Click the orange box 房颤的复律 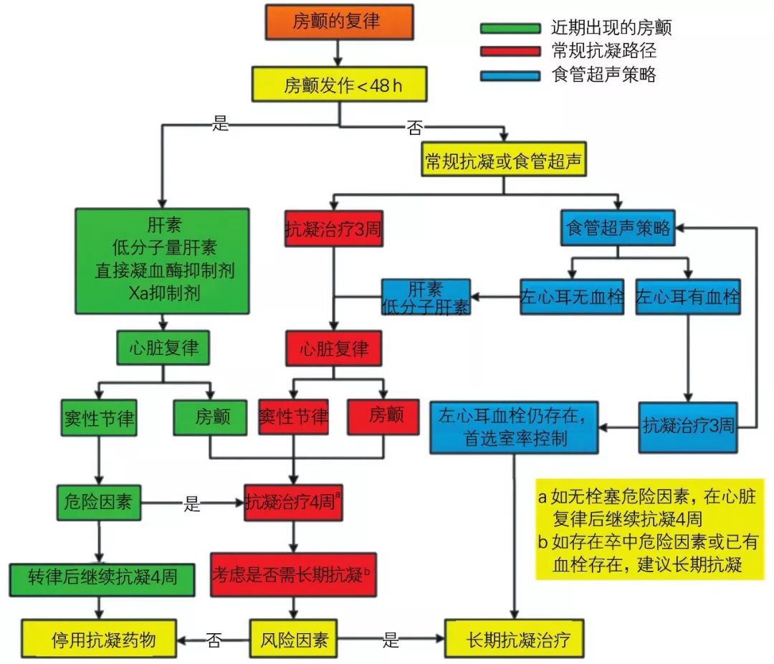coord(339,22)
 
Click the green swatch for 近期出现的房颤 coord(510,28)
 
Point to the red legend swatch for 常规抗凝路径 coord(510,51)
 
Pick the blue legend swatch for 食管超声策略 coord(510,74)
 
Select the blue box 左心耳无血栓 coord(572,295)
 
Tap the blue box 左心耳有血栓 coord(687,295)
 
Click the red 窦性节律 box coord(293,416)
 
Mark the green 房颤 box coord(211,416)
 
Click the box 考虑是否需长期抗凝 coord(293,574)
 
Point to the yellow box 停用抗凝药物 coord(100,638)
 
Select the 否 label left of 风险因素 coord(213,638)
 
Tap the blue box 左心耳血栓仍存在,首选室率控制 coord(514,427)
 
